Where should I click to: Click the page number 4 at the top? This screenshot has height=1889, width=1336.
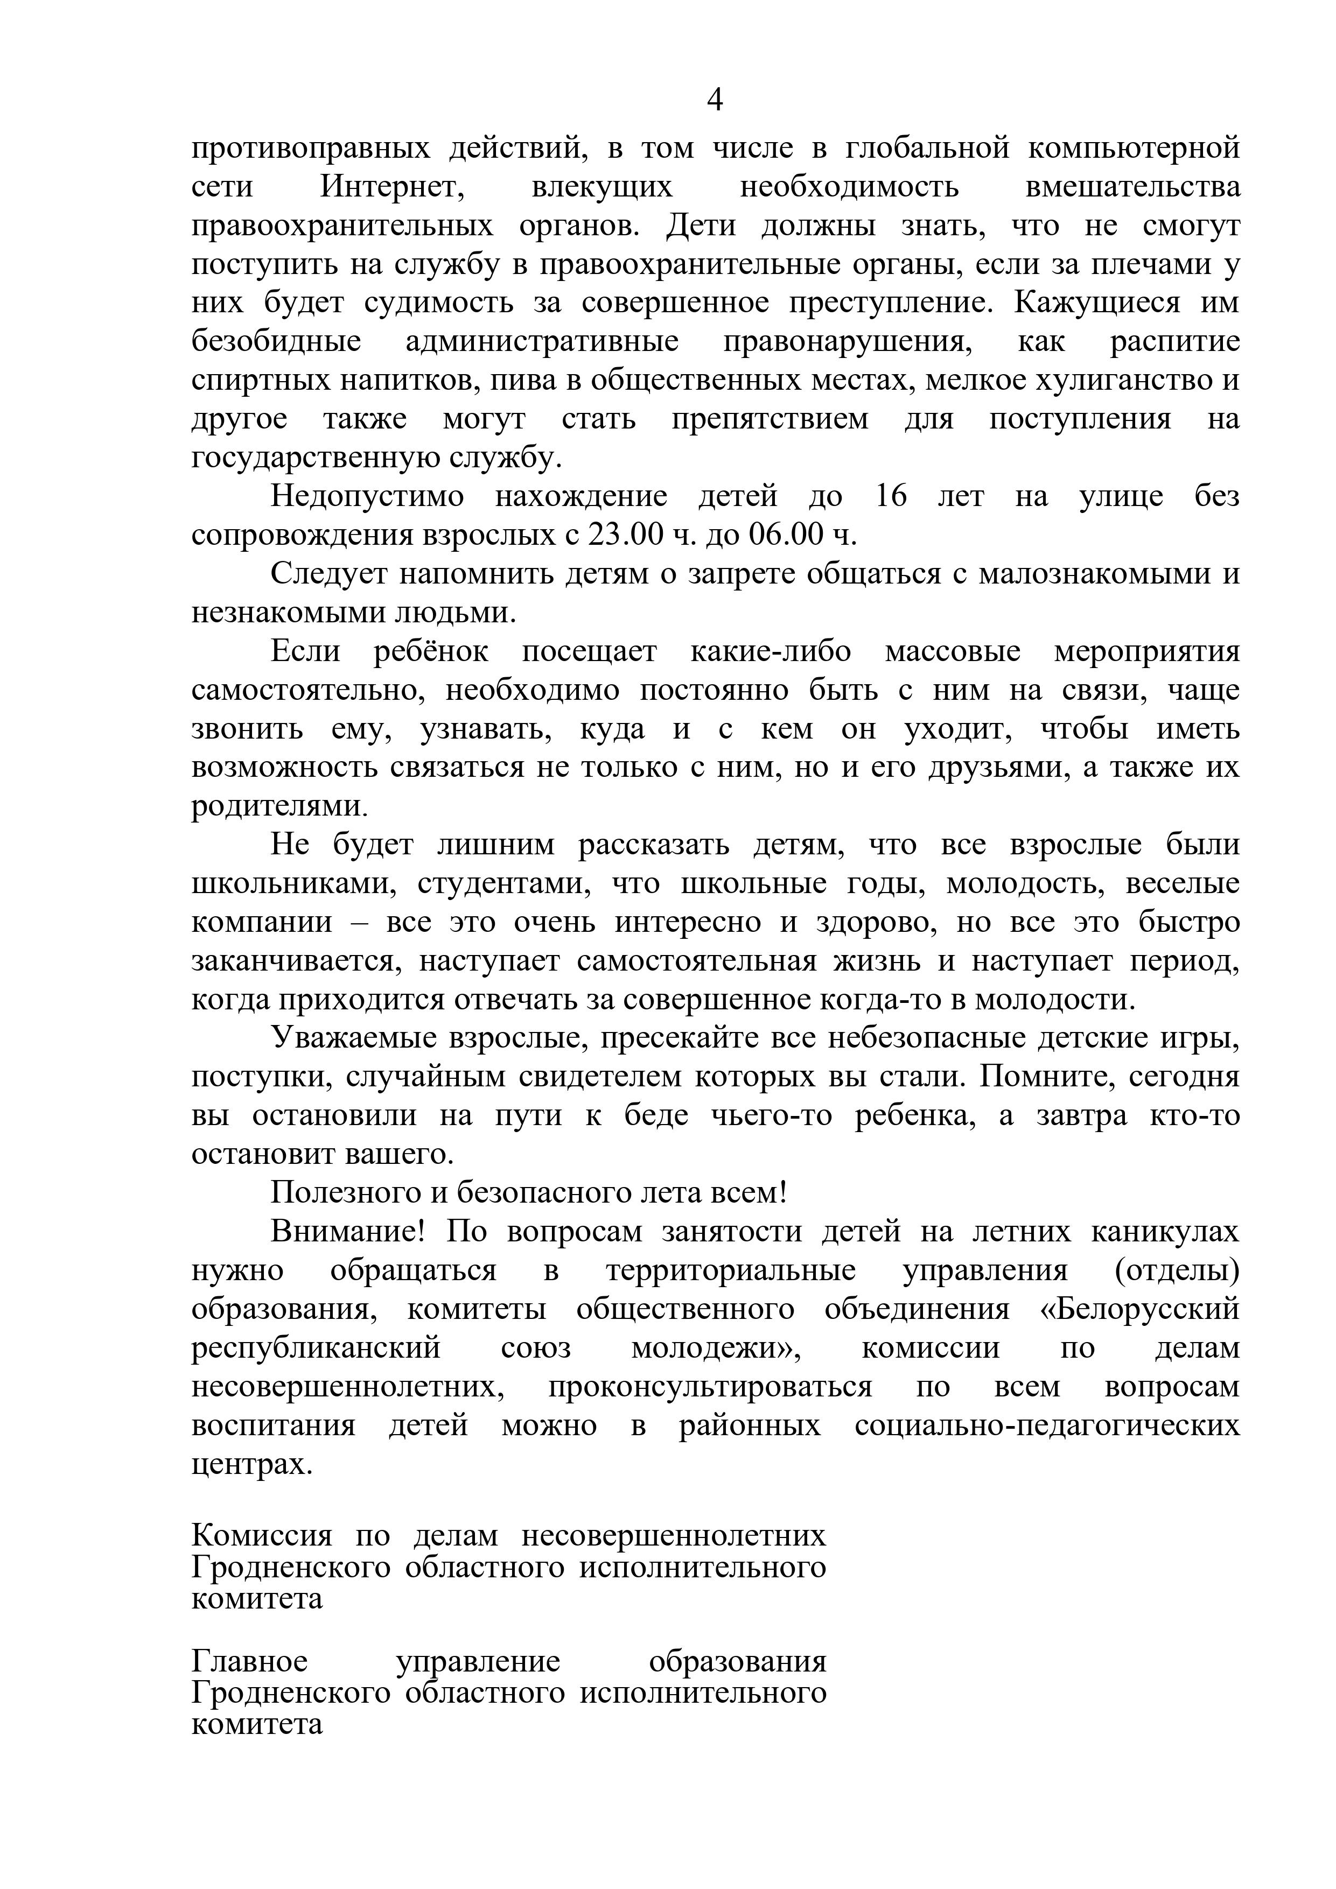click(x=715, y=100)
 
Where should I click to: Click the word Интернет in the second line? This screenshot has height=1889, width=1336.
click(x=393, y=187)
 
